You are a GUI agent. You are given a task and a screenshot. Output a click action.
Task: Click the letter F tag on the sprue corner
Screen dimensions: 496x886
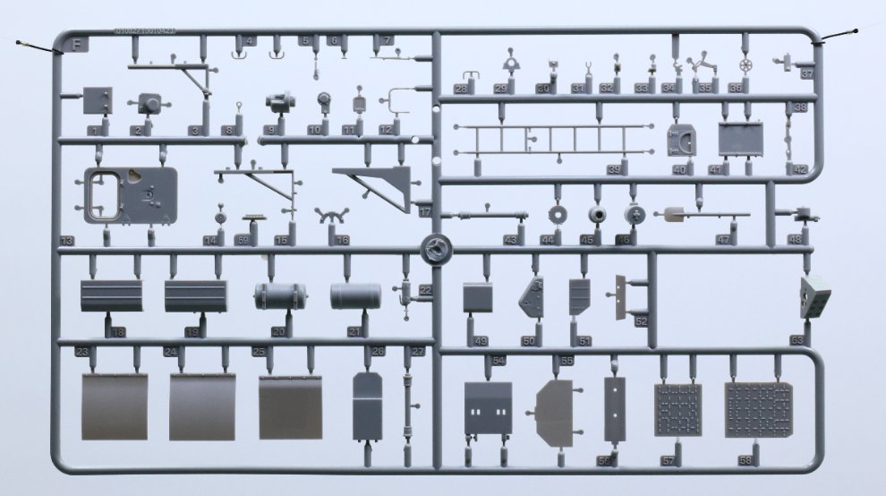point(79,42)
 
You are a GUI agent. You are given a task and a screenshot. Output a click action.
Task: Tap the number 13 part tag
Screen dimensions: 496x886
point(66,241)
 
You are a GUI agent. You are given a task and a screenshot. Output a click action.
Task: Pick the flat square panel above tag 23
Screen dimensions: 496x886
point(115,406)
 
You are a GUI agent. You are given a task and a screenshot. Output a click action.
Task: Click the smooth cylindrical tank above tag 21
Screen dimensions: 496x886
point(355,296)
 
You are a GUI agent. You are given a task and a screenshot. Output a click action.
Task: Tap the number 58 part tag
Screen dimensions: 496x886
point(745,459)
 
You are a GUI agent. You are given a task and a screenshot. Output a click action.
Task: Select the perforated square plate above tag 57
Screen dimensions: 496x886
point(677,409)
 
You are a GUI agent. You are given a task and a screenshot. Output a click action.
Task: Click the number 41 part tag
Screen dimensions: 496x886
point(715,169)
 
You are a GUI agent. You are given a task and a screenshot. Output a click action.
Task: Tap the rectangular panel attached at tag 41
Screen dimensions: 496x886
point(740,139)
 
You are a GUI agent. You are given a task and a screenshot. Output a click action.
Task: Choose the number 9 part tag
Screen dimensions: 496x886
point(269,130)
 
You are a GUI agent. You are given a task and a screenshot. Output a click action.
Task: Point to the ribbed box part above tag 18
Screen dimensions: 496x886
point(112,295)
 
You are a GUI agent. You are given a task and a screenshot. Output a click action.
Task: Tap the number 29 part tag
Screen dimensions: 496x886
point(500,89)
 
